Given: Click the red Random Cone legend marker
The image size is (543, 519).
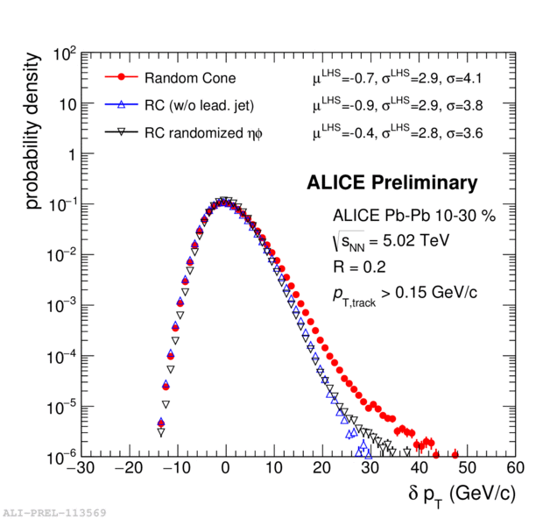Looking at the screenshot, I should point(123,78).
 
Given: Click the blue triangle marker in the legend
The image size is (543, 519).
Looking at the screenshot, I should point(123,105).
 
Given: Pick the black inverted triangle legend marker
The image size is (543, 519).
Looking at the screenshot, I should point(123,132).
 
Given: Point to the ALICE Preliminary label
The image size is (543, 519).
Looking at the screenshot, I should point(391,183).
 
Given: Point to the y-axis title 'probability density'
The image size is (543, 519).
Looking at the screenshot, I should point(32,129).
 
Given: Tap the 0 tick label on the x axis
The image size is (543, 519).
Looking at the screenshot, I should point(226,470).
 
